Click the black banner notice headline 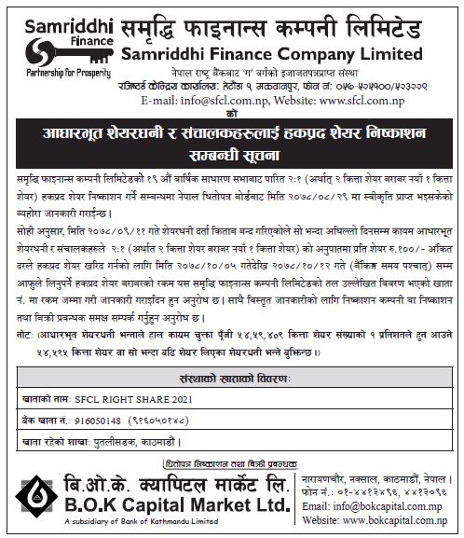[x=232, y=133]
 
